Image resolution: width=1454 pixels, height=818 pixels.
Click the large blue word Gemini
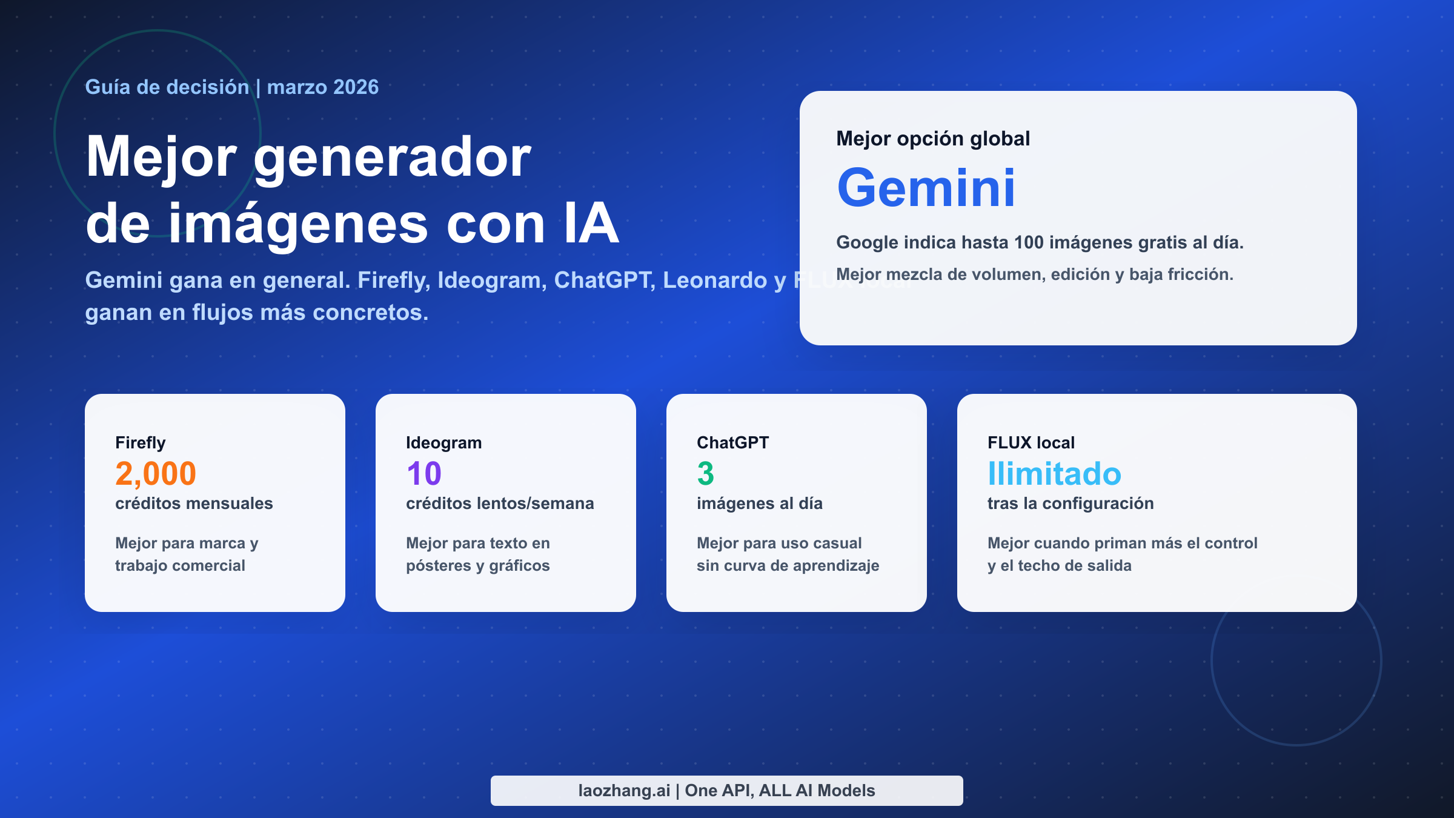pos(926,188)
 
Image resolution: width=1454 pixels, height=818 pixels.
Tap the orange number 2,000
pos(156,474)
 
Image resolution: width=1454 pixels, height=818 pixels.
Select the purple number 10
pos(423,474)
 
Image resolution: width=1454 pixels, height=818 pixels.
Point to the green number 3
pos(705,474)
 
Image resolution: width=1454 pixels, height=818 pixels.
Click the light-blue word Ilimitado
pos(1054,474)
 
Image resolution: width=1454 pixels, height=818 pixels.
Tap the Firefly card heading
pos(141,443)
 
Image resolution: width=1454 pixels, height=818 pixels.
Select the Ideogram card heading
pos(443,443)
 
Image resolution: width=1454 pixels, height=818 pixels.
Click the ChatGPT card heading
pos(732,443)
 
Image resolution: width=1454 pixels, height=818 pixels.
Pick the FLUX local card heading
pos(1031,443)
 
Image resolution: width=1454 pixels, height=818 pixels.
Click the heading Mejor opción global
pos(932,139)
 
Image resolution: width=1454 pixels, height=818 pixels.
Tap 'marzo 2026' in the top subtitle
pos(322,87)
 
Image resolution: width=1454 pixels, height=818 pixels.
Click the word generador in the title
pos(392,158)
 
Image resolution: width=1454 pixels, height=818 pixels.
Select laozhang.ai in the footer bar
pos(624,791)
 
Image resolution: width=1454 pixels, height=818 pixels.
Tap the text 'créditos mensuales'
pos(194,504)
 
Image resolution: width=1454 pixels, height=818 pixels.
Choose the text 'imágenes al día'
pos(759,504)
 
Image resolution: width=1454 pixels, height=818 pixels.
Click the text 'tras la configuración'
pos(1070,504)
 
